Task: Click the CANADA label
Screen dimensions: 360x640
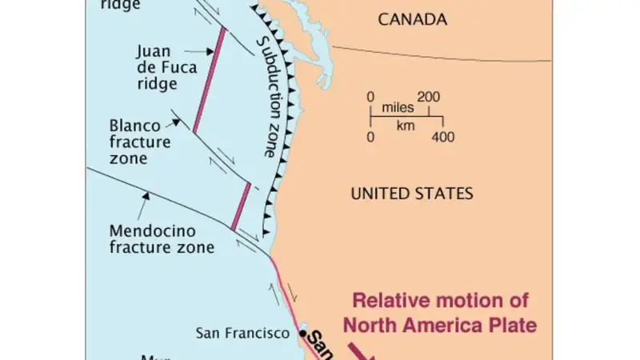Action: [x=412, y=18]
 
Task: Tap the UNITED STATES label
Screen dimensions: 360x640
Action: [x=412, y=193]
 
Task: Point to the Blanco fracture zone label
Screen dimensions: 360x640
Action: [x=140, y=142]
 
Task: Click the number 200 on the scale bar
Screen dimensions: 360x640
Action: [x=428, y=97]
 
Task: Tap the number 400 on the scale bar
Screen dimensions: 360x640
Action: [x=442, y=137]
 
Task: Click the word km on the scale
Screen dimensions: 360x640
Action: [x=406, y=126]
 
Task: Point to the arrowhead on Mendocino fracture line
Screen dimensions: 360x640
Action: [x=147, y=193]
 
